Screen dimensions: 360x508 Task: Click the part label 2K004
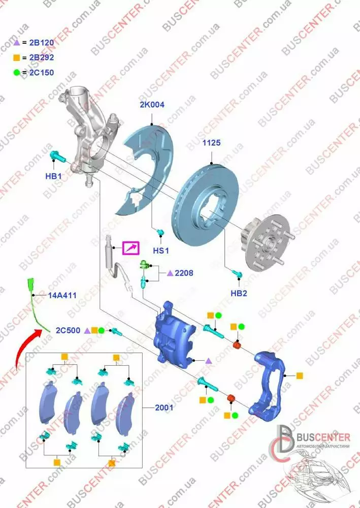click(152, 105)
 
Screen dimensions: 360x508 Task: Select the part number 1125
click(211, 143)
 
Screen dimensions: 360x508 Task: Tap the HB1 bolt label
click(53, 176)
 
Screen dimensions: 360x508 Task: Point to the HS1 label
click(161, 250)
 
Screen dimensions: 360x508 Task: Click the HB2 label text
click(239, 293)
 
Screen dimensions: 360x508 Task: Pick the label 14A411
click(62, 296)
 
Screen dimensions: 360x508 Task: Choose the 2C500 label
click(68, 331)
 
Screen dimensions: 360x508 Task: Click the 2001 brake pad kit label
click(164, 407)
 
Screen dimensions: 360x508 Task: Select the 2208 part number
click(184, 273)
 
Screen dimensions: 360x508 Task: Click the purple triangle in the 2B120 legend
click(17, 43)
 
